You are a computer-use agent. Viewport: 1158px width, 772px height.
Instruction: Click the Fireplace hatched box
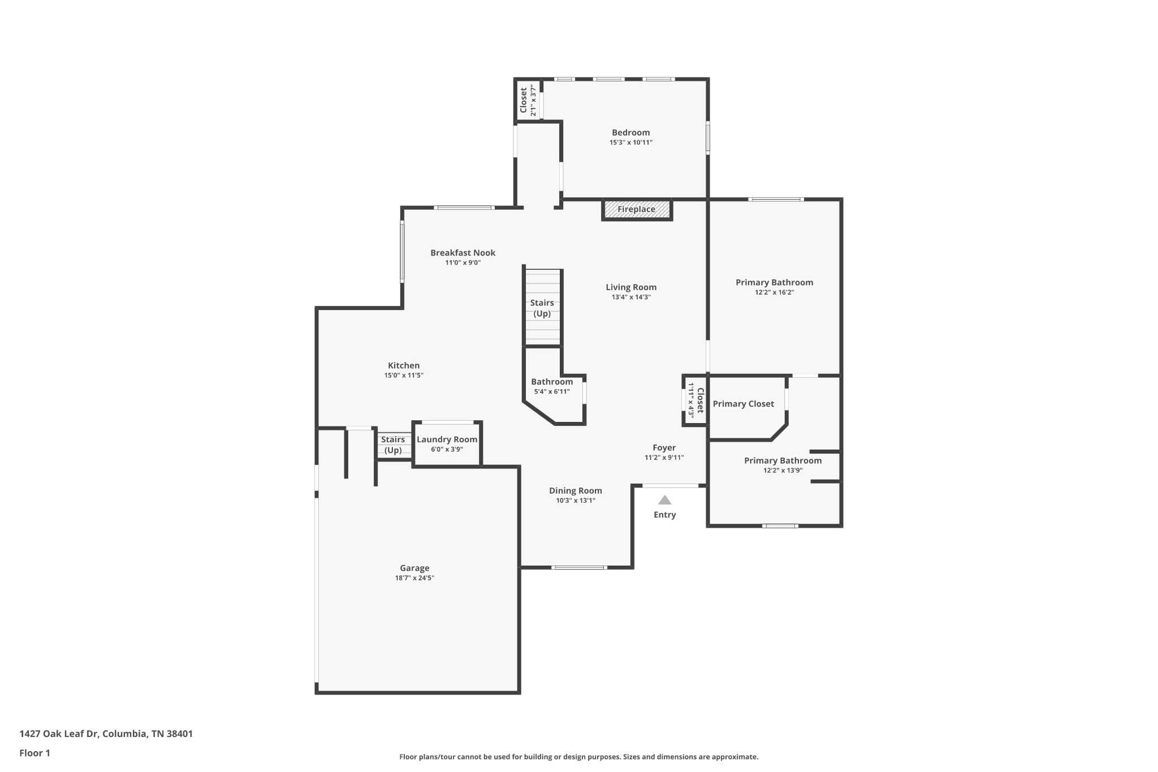(x=637, y=209)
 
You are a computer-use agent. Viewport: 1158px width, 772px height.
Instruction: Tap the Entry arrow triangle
(x=664, y=500)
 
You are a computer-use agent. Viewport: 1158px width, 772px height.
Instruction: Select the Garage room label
(x=414, y=568)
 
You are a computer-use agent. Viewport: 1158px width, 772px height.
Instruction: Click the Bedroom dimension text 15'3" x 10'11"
(x=630, y=143)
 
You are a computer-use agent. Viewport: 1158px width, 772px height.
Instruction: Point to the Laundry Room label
(x=447, y=439)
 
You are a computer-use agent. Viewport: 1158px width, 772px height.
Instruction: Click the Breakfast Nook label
(x=463, y=253)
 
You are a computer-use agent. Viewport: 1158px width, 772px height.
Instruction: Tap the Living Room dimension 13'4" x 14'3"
(x=631, y=297)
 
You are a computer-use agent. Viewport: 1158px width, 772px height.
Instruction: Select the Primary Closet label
(x=743, y=404)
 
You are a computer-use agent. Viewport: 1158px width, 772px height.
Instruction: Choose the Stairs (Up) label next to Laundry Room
(x=393, y=445)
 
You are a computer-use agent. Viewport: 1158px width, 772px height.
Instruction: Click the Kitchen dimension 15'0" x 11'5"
(x=404, y=376)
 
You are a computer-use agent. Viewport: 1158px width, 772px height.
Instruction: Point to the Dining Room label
(x=575, y=490)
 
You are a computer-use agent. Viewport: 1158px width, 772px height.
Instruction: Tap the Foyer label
(x=664, y=447)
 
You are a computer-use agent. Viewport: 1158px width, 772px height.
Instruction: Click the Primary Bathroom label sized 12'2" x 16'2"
(x=774, y=282)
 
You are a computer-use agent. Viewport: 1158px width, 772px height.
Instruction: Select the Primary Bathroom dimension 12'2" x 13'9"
(x=783, y=471)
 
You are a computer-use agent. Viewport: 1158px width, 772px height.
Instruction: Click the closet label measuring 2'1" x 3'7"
(x=524, y=100)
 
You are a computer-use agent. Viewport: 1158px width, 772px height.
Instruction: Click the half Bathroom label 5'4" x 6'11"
(x=552, y=382)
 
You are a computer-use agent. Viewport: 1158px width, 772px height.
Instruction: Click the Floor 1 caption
(x=34, y=753)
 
